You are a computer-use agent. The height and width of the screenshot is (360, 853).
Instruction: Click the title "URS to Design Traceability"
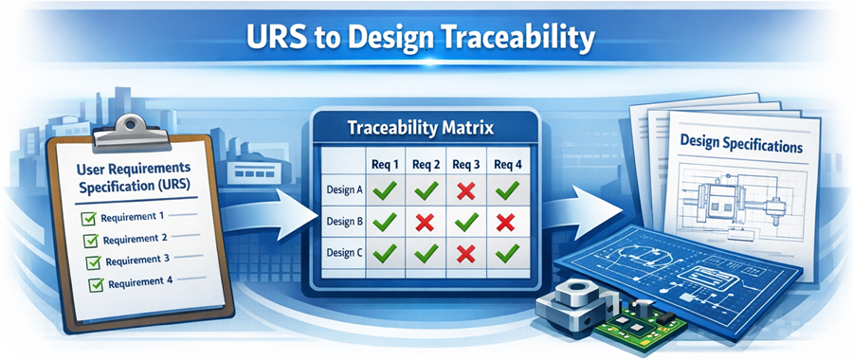[426, 39]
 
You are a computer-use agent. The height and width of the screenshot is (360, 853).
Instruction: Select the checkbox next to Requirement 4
[96, 283]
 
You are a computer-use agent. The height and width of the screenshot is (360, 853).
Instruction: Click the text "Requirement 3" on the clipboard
[139, 259]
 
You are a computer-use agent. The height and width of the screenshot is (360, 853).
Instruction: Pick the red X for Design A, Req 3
[465, 190]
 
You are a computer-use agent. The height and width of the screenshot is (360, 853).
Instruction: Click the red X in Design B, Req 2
[426, 224]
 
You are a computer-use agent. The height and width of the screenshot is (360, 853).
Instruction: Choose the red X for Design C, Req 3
[465, 254]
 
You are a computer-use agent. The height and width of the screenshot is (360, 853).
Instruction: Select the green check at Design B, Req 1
[385, 224]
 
